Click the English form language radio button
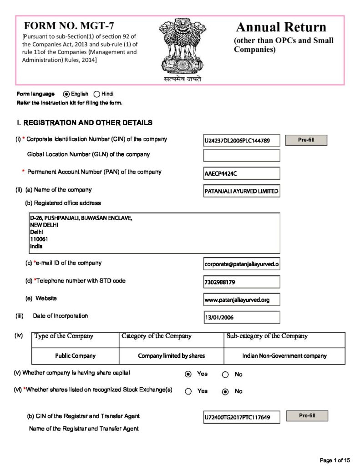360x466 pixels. pos(66,94)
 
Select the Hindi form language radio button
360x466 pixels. pos(96,94)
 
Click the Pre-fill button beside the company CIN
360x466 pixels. pos(306,140)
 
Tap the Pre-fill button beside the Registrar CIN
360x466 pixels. pos(307,416)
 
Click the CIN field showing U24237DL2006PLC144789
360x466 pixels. pos(242,141)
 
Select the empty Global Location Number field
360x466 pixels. pos(242,156)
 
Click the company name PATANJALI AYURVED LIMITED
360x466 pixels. pos(242,191)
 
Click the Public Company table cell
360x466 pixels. pos(76,356)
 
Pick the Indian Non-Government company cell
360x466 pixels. pos(284,356)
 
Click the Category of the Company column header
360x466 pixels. pos(157,336)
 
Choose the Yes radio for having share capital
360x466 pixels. pos(188,374)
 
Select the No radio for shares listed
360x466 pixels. pos(225,391)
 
